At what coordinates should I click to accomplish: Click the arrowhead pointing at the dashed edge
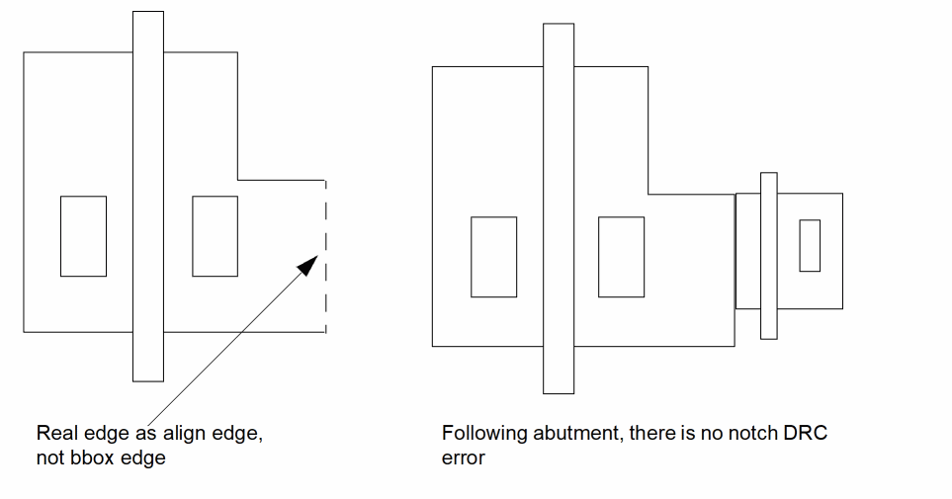click(x=309, y=265)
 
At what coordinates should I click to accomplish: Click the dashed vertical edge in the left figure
click(x=326, y=256)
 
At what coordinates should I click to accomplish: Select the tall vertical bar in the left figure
click(x=148, y=196)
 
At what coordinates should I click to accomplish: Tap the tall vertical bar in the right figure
click(x=559, y=208)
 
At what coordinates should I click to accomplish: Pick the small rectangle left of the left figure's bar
click(x=84, y=236)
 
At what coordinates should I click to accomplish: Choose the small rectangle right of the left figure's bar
click(x=215, y=236)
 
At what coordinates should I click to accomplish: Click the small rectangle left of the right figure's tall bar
click(x=493, y=257)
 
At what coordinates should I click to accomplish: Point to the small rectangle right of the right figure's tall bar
click(x=621, y=257)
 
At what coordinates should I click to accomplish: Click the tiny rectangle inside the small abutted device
click(x=810, y=245)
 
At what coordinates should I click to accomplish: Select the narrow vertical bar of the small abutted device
click(x=769, y=256)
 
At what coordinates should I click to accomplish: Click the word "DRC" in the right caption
click(x=806, y=433)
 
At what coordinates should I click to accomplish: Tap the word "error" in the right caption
click(x=464, y=458)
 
